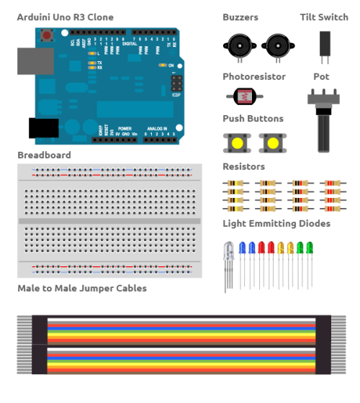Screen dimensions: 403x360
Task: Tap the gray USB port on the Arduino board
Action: click(30, 61)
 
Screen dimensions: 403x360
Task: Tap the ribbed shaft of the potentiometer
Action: click(323, 134)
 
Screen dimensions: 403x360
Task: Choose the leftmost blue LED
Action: click(243, 248)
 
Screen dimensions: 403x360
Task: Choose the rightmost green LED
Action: click(310, 248)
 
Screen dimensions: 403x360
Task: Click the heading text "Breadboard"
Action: click(45, 155)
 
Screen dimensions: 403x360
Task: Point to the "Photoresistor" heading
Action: click(254, 76)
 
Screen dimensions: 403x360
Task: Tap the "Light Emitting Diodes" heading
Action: click(277, 224)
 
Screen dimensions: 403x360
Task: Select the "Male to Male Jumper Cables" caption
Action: click(82, 289)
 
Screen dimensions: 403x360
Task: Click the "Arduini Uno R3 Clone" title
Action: click(65, 17)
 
